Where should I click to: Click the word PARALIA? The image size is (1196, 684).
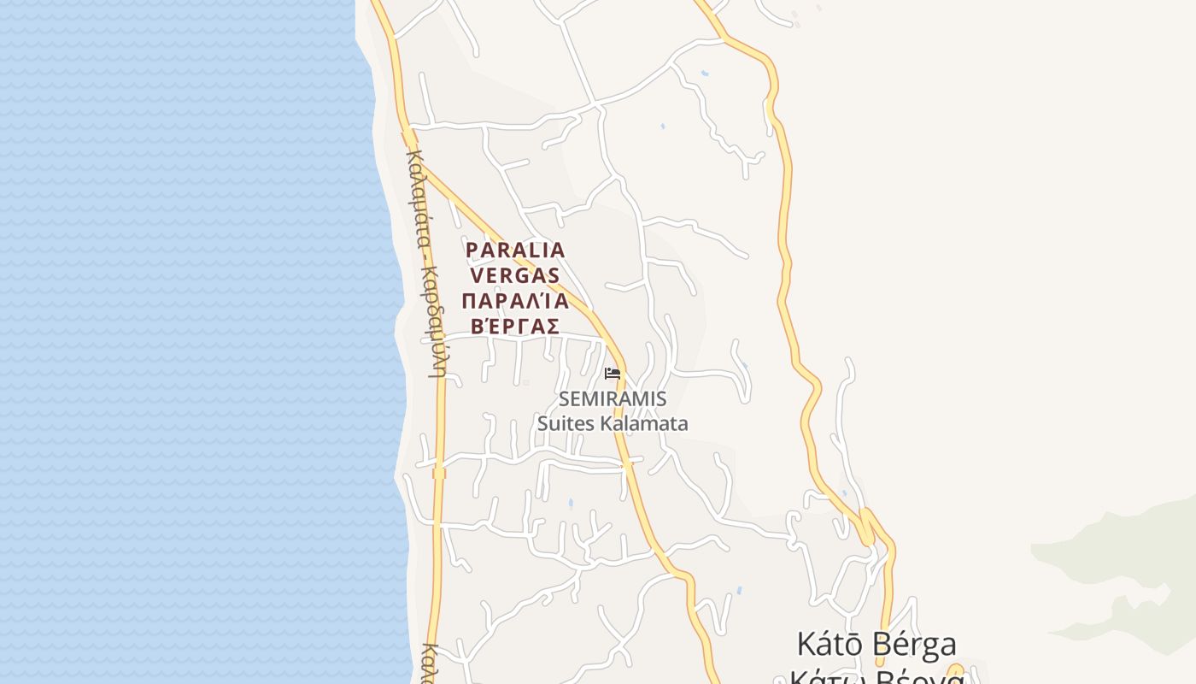[515, 250]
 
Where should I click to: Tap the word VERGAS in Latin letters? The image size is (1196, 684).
[514, 275]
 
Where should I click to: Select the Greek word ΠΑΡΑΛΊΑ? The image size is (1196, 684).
[514, 301]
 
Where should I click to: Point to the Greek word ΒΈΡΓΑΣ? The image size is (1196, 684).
[514, 327]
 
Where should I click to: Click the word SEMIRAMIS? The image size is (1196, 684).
[613, 399]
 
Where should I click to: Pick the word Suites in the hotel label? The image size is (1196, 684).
[566, 423]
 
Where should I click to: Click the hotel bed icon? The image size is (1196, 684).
[612, 373]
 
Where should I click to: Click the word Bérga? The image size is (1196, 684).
[918, 644]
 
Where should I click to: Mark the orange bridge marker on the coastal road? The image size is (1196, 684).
[439, 473]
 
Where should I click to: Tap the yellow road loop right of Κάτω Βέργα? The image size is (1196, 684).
[955, 671]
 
